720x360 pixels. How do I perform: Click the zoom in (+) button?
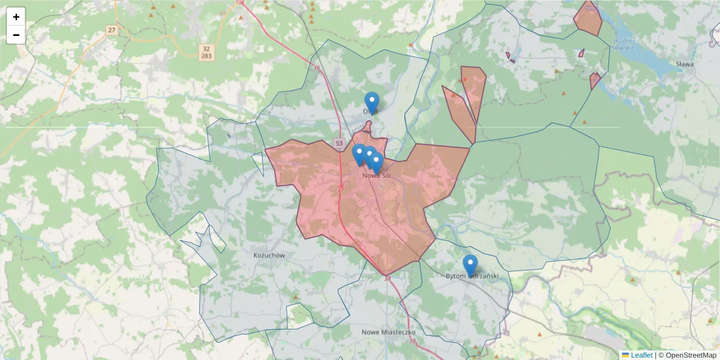(16, 17)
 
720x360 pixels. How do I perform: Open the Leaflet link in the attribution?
(641, 355)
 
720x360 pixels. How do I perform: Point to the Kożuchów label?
(269, 255)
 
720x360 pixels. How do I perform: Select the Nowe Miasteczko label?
(389, 332)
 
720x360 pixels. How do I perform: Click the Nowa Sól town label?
(377, 176)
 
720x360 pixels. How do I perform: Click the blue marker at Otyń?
(372, 103)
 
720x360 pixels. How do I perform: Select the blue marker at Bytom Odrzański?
(470, 265)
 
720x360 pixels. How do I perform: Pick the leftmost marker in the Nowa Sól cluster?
(359, 154)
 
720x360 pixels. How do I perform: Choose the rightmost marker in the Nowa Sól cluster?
(377, 163)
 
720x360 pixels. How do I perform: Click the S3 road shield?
(339, 143)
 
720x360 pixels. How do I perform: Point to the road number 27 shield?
(111, 29)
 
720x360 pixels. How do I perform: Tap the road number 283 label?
(206, 56)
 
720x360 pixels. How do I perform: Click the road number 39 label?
(412, 341)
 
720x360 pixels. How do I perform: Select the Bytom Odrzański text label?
(473, 276)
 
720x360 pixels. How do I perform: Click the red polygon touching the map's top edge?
(588, 19)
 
